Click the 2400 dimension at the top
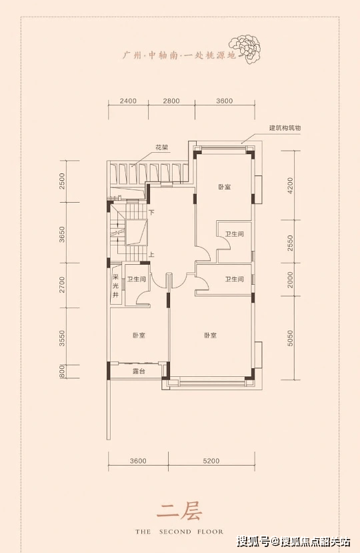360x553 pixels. pos(128,101)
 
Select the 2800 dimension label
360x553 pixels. pos(171,101)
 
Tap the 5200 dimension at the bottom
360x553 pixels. pos(211,460)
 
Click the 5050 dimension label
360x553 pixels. pos(290,338)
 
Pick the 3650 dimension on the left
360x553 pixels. pos(62,234)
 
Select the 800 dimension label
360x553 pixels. pos(62,372)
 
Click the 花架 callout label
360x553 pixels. pos(162,148)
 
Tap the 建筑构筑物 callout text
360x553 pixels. pos(285,128)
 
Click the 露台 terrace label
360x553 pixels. pos(139,371)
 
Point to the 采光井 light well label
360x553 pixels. pos(115,286)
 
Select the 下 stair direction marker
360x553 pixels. pos(151,213)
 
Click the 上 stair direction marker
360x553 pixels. pos(151,254)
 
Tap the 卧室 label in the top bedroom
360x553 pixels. pos(224,187)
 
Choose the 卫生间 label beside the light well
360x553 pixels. pos(137,279)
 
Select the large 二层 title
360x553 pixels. pos(179,512)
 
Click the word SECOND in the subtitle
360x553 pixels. pos(175,532)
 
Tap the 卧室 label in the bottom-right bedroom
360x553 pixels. pos(210,335)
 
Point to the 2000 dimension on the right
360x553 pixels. pos(290,280)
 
